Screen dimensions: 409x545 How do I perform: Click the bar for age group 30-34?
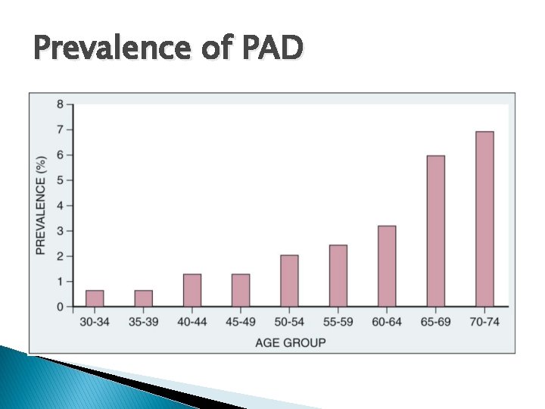(95, 298)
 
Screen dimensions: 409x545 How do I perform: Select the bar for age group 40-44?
(192, 290)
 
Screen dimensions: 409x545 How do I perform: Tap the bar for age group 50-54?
(289, 281)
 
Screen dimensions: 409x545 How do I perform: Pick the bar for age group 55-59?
(338, 276)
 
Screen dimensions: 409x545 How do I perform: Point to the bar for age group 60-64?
(387, 266)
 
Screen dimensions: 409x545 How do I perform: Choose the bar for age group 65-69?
(435, 231)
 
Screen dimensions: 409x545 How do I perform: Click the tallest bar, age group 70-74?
(484, 219)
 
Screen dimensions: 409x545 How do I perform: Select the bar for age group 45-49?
(241, 290)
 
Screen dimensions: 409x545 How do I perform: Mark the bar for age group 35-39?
(144, 298)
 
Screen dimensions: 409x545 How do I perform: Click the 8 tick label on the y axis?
(60, 105)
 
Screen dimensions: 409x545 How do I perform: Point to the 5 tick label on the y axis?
(60, 180)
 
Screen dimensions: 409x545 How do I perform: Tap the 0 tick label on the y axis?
(60, 307)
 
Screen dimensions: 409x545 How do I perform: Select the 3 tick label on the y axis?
(60, 231)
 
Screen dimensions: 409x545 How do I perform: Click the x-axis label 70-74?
(484, 322)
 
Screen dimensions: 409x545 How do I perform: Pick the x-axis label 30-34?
(95, 322)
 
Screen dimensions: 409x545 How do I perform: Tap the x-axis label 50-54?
(289, 322)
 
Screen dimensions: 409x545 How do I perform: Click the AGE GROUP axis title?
(290, 342)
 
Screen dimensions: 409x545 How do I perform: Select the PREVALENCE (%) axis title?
(42, 204)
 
